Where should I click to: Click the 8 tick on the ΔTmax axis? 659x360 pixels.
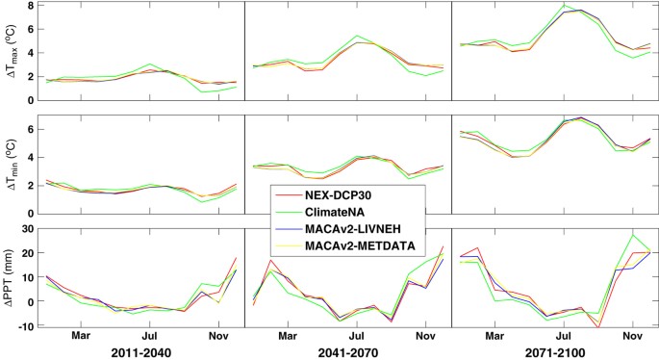click(x=29, y=6)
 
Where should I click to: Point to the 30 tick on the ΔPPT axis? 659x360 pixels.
click(x=26, y=228)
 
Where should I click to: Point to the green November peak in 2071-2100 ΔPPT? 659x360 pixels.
click(x=633, y=235)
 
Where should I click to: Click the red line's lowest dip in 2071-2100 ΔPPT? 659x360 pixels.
click(x=598, y=328)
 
